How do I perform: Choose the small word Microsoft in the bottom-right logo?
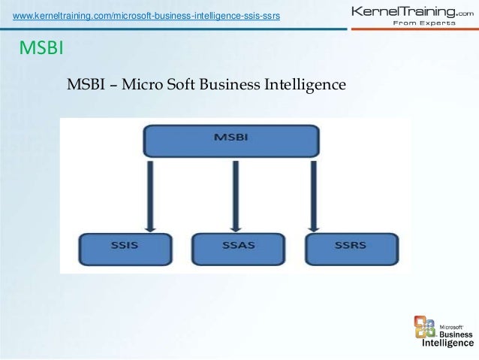(x=450, y=327)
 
